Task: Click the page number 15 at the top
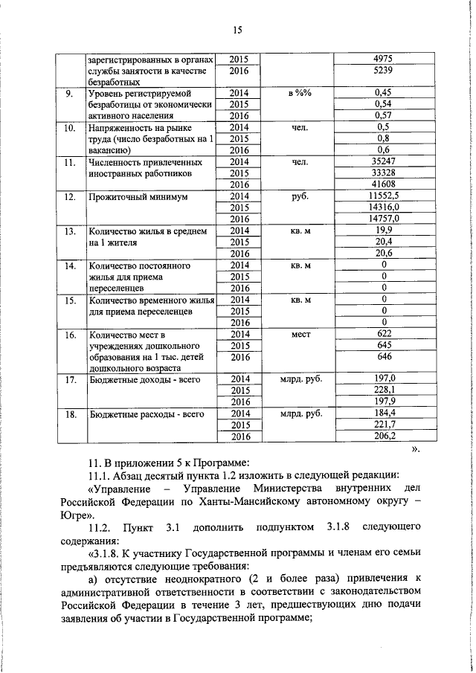237,30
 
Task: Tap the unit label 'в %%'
300,93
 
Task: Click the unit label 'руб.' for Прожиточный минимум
300,197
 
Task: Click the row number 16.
71,335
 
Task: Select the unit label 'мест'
300,335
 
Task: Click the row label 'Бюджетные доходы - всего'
140,379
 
